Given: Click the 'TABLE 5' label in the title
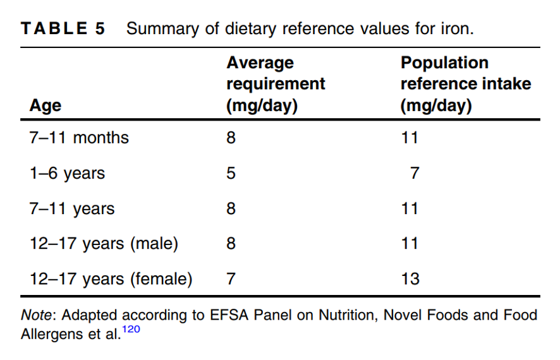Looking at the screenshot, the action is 63,28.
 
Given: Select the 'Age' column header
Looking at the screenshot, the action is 46,105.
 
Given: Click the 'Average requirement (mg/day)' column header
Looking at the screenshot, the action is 276,84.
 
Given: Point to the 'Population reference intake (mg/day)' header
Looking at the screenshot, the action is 466,84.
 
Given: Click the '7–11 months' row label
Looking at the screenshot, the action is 79,138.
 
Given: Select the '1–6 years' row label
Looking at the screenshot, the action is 67,174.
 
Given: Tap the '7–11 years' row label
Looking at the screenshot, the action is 72,208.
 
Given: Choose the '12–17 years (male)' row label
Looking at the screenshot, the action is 104,244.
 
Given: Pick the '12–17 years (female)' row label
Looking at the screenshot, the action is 111,279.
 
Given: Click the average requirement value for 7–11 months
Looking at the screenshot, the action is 231,138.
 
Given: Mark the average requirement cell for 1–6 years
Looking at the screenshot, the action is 231,173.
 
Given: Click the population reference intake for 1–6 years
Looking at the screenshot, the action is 415,173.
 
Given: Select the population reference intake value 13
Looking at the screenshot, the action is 410,279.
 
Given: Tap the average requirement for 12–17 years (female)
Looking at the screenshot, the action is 231,279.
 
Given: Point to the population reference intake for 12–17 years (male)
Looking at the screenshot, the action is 410,244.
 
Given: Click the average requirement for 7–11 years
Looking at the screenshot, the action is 231,208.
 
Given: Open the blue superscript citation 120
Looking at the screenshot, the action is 131,329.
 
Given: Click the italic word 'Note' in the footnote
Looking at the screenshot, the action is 37,315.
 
